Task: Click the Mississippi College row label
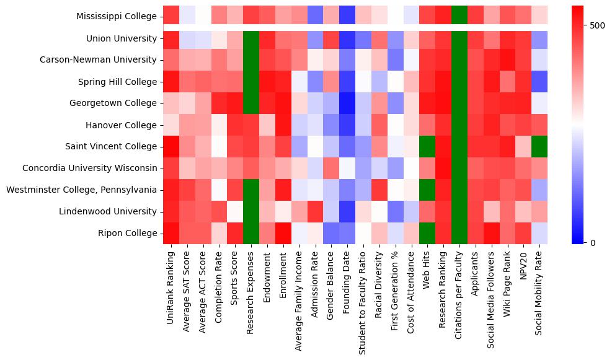[117, 17]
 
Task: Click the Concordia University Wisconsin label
[89, 168]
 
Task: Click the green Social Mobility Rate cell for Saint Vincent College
[539, 146]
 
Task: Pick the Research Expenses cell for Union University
[251, 38]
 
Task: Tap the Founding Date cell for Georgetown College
[347, 103]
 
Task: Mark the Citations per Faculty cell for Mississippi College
[459, 17]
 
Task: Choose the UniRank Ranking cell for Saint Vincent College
[171, 146]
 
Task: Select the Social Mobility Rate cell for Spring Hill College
[539, 82]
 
